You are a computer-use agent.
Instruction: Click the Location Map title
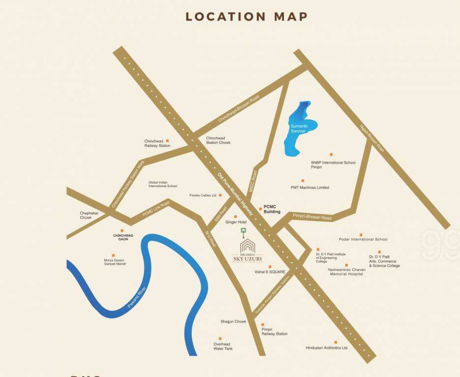click(246, 16)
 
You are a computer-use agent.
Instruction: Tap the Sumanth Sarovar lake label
click(299, 129)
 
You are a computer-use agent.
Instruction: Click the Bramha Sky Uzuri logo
click(247, 252)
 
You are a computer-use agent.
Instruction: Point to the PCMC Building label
click(272, 210)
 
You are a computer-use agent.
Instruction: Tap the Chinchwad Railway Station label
click(157, 143)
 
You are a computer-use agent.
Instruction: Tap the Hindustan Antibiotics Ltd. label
click(327, 348)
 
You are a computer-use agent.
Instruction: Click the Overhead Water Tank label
click(223, 346)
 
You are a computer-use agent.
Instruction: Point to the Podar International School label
click(363, 240)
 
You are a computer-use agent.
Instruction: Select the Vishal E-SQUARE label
click(270, 271)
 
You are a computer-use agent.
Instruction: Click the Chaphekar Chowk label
click(90, 215)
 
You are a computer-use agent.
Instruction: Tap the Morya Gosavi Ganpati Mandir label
click(115, 262)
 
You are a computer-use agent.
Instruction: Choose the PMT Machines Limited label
click(309, 188)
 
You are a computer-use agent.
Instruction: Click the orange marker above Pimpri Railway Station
click(263, 324)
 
